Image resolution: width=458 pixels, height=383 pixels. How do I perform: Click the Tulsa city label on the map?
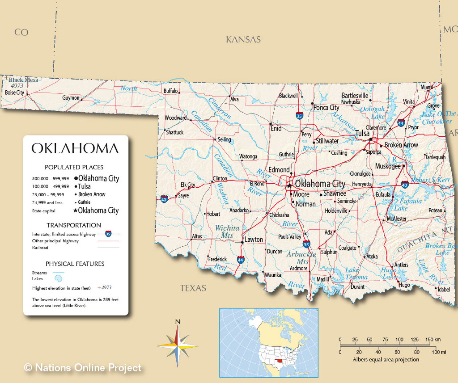tap(362, 133)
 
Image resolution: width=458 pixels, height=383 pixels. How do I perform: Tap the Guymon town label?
tap(71, 98)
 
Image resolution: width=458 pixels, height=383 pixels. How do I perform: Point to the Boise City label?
tap(14, 93)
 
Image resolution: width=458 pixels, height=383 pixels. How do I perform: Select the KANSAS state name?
tap(243, 39)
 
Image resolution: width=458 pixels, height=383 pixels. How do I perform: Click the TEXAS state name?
tap(193, 288)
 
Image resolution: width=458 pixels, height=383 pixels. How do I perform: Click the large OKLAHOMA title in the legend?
tap(75, 148)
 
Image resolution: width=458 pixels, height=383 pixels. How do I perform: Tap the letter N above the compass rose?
tap(178, 321)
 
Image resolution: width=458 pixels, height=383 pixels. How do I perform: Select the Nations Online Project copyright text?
tap(83, 368)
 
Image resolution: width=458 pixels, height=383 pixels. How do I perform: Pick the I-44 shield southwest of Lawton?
tap(241, 259)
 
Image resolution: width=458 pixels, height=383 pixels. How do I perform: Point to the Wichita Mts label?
tap(227, 231)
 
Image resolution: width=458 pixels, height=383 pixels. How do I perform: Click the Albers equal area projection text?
tap(386, 359)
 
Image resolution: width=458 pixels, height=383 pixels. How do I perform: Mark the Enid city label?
tap(276, 128)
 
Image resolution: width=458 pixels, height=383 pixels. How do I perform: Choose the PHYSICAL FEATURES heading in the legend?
tap(75, 264)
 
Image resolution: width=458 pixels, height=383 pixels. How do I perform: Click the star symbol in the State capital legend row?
tap(75, 210)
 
